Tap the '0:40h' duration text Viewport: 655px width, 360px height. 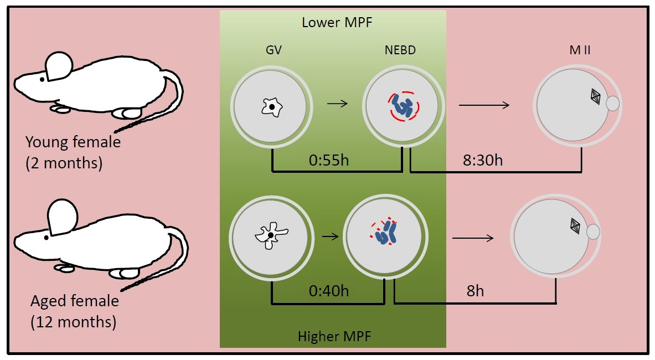tap(329, 290)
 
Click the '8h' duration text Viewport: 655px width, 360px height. tap(475, 290)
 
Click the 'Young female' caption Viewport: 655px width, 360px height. tap(73, 142)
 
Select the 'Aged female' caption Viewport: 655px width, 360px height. tap(75, 301)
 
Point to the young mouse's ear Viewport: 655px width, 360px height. tap(58, 66)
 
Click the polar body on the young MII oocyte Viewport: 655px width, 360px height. tap(613, 103)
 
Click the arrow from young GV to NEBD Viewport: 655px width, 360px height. tap(337, 103)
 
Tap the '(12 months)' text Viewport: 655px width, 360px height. tap(74, 322)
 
